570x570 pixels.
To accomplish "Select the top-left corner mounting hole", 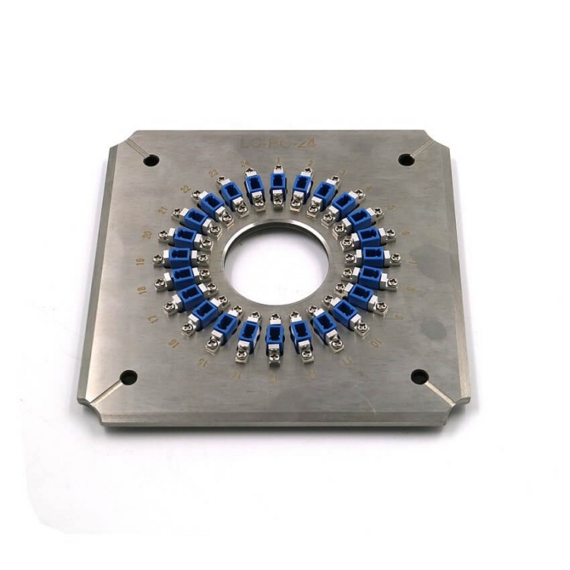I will coord(151,160).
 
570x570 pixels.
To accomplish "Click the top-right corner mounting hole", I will coord(407,160).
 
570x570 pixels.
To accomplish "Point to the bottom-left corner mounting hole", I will coord(129,377).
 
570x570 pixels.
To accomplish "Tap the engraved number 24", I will coord(245,163).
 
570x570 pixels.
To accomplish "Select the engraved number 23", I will coord(214,172).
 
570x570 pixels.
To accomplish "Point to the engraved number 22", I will coord(185,188).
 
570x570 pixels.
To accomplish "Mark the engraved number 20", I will coord(147,234).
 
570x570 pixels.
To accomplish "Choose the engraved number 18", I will coord(142,291).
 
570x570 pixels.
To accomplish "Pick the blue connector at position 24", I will coord(253,187).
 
